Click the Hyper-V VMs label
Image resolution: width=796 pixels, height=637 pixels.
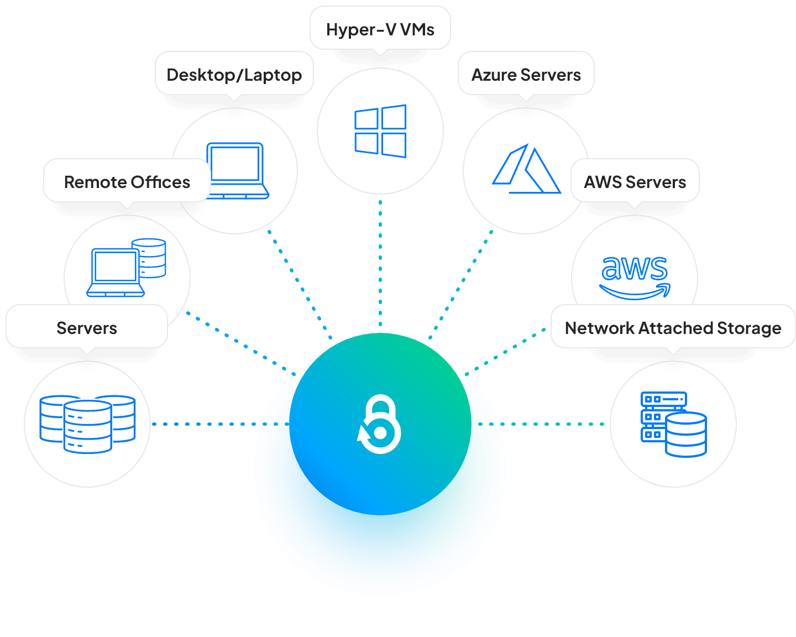pyautogui.click(x=380, y=29)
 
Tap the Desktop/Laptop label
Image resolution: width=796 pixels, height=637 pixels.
pyautogui.click(x=234, y=75)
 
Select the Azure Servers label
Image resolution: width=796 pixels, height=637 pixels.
pyautogui.click(x=526, y=75)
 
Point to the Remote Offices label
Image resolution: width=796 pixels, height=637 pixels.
pyautogui.click(x=127, y=182)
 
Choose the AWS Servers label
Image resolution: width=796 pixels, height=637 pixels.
pyautogui.click(x=635, y=182)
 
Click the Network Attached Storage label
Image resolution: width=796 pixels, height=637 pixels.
pyautogui.click(x=673, y=328)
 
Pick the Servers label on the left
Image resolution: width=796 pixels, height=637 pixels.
pyautogui.click(x=87, y=328)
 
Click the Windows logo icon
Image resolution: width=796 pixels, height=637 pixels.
pyautogui.click(x=380, y=131)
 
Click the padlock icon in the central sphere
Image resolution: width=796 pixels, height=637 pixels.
pyautogui.click(x=380, y=424)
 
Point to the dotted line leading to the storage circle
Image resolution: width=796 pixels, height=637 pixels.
pyautogui.click(x=553, y=424)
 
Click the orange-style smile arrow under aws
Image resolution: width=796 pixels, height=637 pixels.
pyautogui.click(x=635, y=291)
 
